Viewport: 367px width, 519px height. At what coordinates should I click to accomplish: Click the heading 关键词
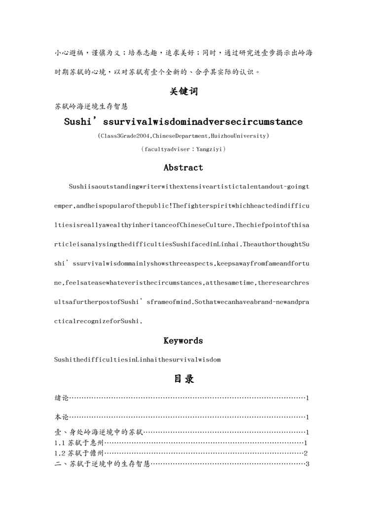pos(183,92)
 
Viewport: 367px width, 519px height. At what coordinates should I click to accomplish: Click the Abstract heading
pos(183,167)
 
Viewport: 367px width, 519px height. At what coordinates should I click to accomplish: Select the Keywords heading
pos(183,340)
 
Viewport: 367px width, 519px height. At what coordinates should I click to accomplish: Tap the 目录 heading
pos(183,379)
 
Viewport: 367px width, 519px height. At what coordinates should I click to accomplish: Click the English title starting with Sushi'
pos(183,121)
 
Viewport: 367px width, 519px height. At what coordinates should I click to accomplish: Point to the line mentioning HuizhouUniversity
pos(183,136)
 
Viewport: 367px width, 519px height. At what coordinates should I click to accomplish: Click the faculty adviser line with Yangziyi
pos(183,148)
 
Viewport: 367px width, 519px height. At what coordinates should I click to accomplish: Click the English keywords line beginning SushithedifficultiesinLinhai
pos(138,360)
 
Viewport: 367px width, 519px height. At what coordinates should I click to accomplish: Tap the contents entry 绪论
pos(62,398)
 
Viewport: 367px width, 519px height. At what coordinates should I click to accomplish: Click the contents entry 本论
pos(62,417)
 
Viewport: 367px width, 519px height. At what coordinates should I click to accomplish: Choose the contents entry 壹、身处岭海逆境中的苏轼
pos(98,433)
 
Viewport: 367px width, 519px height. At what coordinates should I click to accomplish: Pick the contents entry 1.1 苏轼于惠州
pos(78,443)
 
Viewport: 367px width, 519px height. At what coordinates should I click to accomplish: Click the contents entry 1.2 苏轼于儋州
pos(78,453)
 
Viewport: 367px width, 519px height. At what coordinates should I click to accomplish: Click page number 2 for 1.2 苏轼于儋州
pos(306,453)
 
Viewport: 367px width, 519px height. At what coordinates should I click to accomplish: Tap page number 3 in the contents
pos(307,464)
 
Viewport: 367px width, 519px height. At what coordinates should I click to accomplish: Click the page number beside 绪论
pos(307,398)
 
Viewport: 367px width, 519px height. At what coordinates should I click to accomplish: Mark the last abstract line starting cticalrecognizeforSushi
pos(99,321)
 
